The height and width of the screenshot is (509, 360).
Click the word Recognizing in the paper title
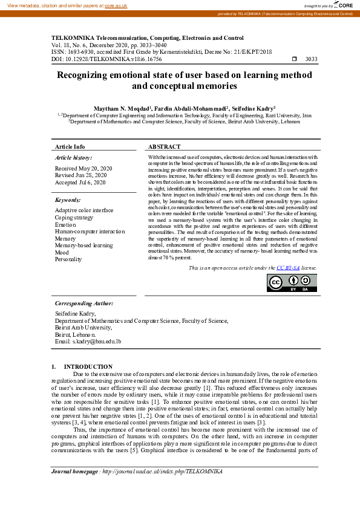[x=88, y=76]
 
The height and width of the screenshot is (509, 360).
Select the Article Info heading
[x=70, y=147]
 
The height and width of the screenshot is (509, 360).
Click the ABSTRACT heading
[x=164, y=147]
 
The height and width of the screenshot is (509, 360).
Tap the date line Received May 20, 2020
[x=83, y=168]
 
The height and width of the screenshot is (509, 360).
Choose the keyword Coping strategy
[x=74, y=217]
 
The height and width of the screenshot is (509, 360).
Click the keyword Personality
[x=68, y=259]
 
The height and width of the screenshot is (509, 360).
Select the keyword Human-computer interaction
[x=90, y=231]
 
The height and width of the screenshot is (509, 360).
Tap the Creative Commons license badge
[x=292, y=282]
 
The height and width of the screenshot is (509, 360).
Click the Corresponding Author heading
[x=84, y=303]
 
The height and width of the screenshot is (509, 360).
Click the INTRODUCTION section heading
[x=88, y=366]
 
